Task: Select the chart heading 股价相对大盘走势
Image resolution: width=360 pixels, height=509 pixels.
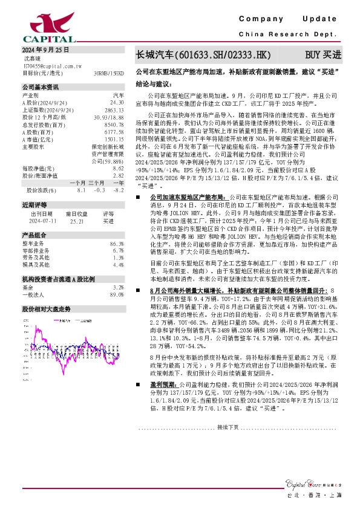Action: [46, 308]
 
